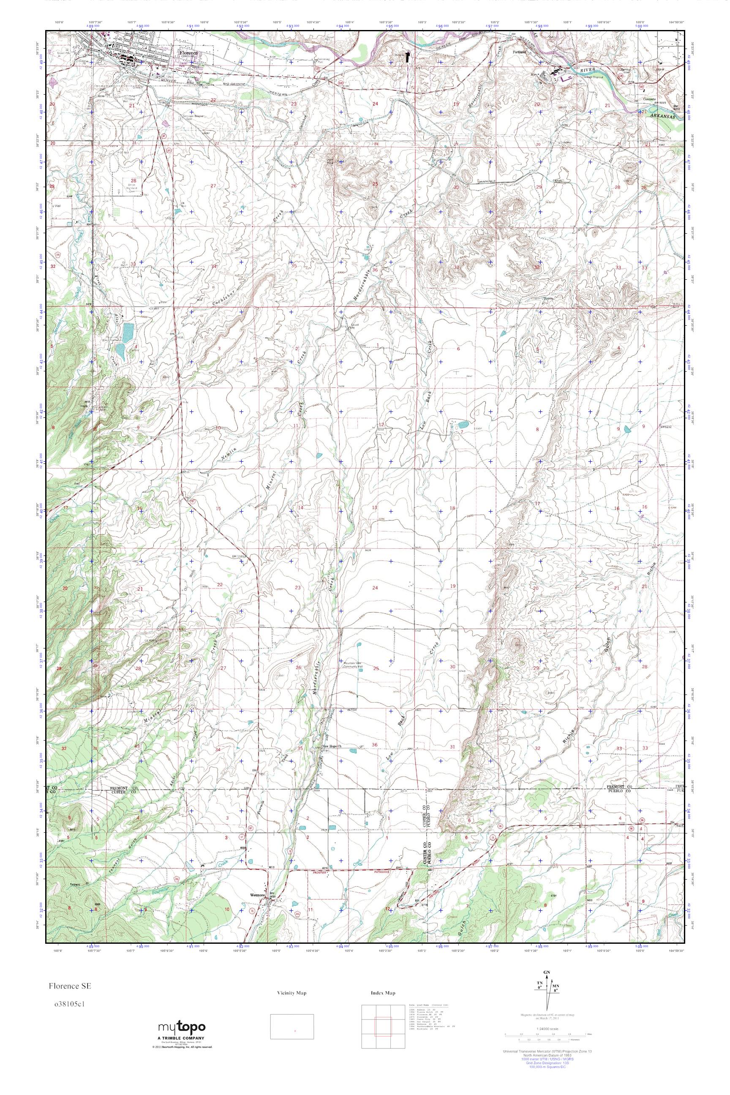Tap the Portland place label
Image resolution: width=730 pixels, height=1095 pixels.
point(519,52)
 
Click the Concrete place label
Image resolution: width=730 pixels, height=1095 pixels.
point(649,99)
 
